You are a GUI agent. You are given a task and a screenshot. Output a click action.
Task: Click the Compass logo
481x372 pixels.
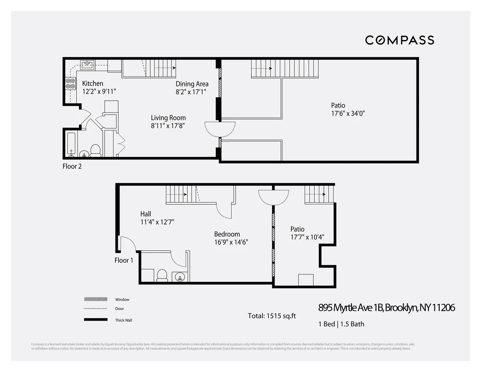pos(399,40)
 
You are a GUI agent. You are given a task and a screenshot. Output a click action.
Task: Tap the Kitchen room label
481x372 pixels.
pos(93,83)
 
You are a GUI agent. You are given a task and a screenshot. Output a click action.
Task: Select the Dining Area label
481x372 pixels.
pos(192,84)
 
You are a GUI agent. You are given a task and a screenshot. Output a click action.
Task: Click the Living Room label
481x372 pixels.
pos(168,118)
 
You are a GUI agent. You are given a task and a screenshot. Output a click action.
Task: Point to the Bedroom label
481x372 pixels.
pos(227,234)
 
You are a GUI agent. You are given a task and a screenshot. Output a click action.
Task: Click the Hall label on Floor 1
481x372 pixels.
pos(146,214)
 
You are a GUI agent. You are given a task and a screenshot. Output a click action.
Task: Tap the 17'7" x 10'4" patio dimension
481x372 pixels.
pos(307,237)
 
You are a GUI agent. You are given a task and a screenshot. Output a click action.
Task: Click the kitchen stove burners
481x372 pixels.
pos(71,83)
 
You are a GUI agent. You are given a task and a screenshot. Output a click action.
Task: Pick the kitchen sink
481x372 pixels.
pos(87,64)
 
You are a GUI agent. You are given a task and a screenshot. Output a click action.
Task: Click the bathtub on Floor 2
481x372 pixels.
pos(71,143)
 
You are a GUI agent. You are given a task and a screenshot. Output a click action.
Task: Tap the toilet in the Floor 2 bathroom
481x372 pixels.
pos(95,150)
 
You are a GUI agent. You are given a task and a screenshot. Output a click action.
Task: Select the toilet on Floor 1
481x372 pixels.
pos(162,275)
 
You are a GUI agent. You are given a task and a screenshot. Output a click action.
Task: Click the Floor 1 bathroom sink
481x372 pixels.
pos(179,276)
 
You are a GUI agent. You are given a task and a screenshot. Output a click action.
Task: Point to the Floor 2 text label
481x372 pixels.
pos(72,166)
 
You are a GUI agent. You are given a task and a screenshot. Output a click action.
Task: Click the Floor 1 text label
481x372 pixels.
pos(124,260)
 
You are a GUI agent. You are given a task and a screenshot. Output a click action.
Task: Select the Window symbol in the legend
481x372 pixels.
pos(96,299)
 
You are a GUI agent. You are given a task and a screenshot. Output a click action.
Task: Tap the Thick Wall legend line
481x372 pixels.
pos(96,320)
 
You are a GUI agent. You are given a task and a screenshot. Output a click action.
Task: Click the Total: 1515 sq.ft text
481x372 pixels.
pos(272,316)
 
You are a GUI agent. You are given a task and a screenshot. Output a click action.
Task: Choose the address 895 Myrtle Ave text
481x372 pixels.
pos(386,308)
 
